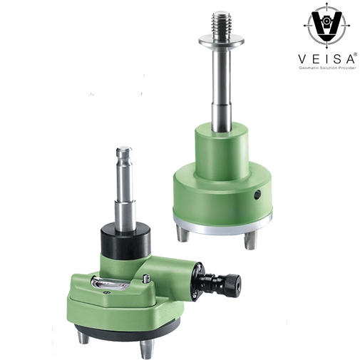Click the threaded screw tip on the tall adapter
(x=221, y=23)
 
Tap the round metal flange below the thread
(x=221, y=40)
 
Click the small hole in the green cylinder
(x=257, y=195)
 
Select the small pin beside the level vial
(x=146, y=278)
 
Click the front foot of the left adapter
(x=146, y=349)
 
